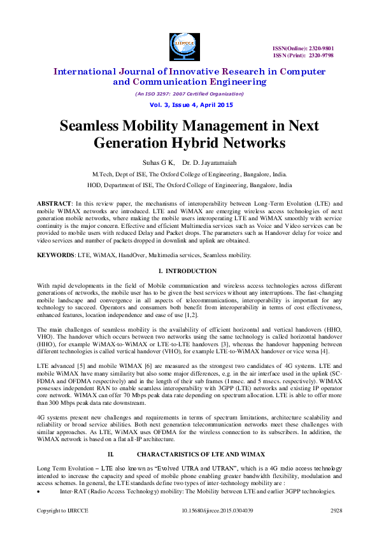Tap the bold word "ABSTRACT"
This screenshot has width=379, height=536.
54,202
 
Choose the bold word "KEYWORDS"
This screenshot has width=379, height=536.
56,255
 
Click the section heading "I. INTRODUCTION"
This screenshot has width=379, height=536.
189,272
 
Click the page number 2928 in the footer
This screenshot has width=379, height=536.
336,511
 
